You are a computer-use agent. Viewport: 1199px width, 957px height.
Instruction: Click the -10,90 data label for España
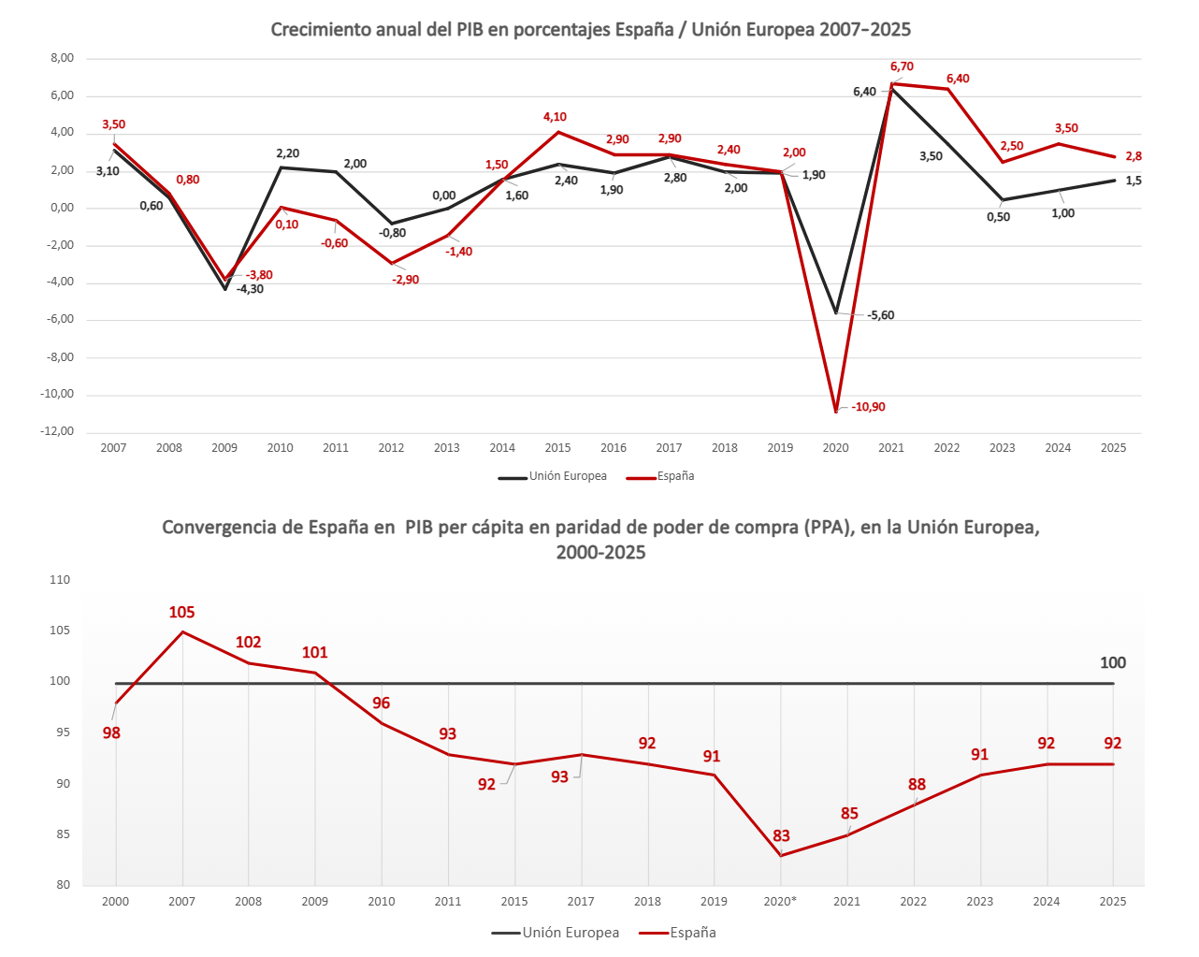tap(868, 407)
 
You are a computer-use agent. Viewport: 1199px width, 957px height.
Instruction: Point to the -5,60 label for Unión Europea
tap(880, 315)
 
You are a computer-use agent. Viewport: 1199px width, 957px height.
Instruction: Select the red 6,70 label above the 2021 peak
tap(902, 66)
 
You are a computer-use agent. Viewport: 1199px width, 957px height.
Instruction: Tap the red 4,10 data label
tap(555, 117)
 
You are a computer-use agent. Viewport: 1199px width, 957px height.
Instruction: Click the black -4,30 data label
tap(250, 289)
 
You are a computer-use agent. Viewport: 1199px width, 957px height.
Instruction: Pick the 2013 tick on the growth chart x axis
tap(447, 448)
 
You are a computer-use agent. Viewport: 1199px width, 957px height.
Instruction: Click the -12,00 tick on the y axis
tap(59, 431)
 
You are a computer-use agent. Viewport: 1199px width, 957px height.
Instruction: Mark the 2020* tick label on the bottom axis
tap(780, 902)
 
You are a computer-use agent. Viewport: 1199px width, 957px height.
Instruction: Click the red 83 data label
tap(781, 835)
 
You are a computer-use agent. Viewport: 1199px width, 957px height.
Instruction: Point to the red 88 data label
tap(917, 784)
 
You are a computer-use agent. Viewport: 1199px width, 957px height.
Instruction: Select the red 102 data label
tap(248, 642)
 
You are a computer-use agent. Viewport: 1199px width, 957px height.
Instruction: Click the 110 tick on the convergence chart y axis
tap(60, 580)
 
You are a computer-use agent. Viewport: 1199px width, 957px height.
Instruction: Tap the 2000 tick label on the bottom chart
tap(115, 902)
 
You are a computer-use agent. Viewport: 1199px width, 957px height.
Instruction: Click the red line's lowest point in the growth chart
tap(836, 412)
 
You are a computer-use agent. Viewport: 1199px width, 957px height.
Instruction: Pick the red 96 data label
tap(381, 703)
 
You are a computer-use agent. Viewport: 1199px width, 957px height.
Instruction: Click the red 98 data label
tap(111, 732)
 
